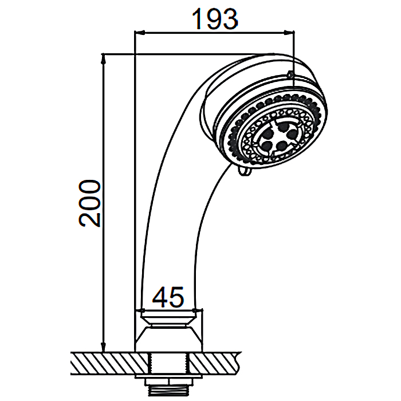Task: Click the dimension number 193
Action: pyautogui.click(x=215, y=19)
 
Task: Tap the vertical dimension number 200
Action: pyautogui.click(x=89, y=203)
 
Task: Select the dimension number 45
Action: pyautogui.click(x=168, y=297)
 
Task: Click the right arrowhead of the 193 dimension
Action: pyautogui.click(x=289, y=32)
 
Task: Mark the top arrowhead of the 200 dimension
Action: pyautogui.click(x=103, y=59)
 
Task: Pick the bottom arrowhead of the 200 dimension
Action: pyautogui.click(x=103, y=347)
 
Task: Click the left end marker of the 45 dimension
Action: pyautogui.click(x=142, y=310)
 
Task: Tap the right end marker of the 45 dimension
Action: pyautogui.click(x=195, y=310)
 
